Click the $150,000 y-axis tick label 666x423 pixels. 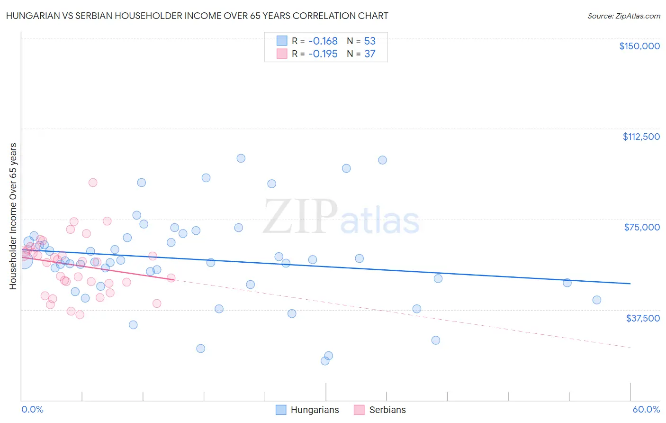pos(639,46)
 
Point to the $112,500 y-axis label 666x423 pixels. pos(641,137)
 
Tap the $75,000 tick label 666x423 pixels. pos(642,227)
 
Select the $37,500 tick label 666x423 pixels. pos(643,318)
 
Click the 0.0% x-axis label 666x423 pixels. pos(32,409)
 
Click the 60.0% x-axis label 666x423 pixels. pos(646,409)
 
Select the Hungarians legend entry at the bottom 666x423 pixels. pos(307,410)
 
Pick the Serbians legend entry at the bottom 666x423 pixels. pos(380,410)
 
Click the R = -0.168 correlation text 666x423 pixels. pos(315,41)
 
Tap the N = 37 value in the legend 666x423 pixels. pos(361,54)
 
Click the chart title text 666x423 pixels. pos(197,16)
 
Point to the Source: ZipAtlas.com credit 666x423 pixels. pos(623,16)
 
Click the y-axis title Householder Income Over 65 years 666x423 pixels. pos(13,216)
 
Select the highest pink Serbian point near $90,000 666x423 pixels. pos(93,183)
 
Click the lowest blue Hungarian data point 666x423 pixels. pos(325,361)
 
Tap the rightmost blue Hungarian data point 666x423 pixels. pos(597,300)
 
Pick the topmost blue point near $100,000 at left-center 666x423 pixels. pos(241,158)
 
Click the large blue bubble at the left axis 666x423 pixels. pos(24,260)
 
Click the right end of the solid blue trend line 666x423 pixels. pos(630,283)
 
